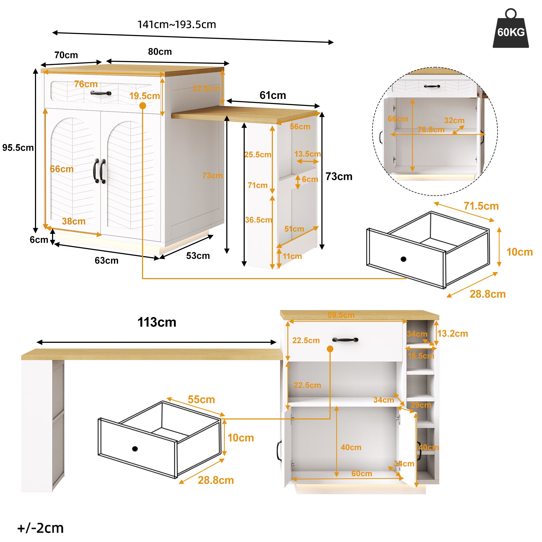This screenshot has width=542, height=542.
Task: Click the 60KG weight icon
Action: (511, 30)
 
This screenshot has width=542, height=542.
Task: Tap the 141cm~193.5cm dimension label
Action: (176, 25)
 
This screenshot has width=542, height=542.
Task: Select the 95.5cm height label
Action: (18, 148)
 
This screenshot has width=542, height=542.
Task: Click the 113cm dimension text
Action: (157, 322)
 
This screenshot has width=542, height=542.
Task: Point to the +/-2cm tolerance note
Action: (41, 528)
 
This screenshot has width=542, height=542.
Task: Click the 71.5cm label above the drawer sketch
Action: (481, 206)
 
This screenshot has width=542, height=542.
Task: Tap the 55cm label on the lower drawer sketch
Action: (201, 399)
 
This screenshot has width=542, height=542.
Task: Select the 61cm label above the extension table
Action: (272, 95)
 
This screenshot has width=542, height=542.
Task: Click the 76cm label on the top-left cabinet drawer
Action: (86, 84)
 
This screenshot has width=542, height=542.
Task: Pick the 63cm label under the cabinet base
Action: (106, 260)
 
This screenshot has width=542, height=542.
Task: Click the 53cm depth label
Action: (198, 256)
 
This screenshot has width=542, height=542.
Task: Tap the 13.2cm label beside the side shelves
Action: (453, 333)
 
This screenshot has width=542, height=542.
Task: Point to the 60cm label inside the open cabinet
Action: (362, 473)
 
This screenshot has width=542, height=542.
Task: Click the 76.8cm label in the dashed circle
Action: (431, 130)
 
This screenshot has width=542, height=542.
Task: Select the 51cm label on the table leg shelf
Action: (294, 229)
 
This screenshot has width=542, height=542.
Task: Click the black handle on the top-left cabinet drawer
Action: (101, 93)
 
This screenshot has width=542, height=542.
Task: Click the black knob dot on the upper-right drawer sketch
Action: (403, 259)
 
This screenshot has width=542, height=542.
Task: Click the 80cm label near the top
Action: (160, 51)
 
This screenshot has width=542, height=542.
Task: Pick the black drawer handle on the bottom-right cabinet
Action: (345, 340)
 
